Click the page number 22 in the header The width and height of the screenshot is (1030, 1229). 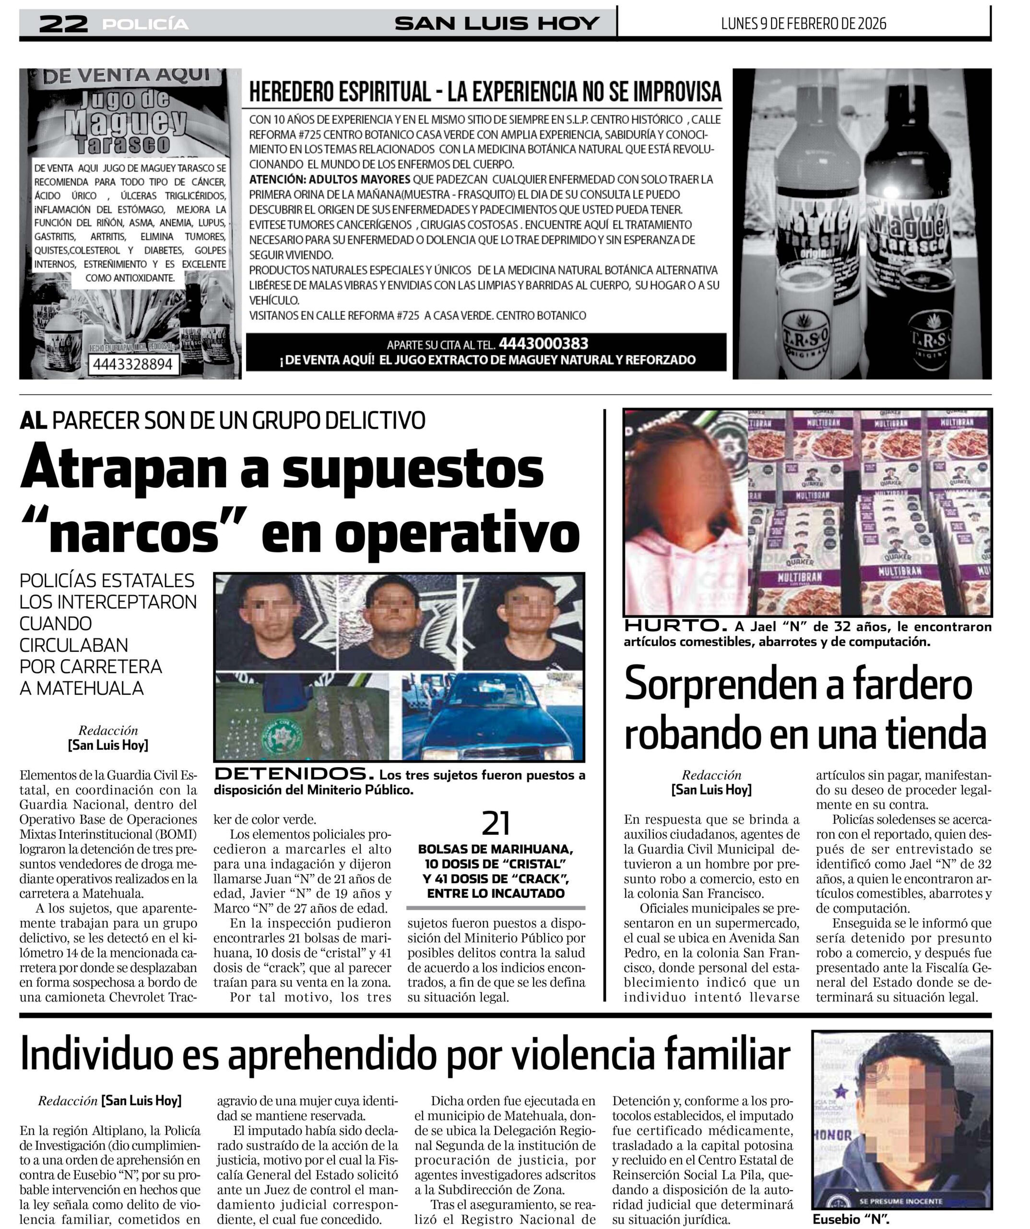(x=63, y=24)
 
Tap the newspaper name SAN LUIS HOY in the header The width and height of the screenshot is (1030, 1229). (x=497, y=24)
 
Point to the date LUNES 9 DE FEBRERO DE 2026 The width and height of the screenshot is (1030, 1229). (x=803, y=24)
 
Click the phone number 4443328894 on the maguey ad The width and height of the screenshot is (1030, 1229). (x=133, y=364)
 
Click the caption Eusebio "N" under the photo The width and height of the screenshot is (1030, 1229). (x=851, y=1219)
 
